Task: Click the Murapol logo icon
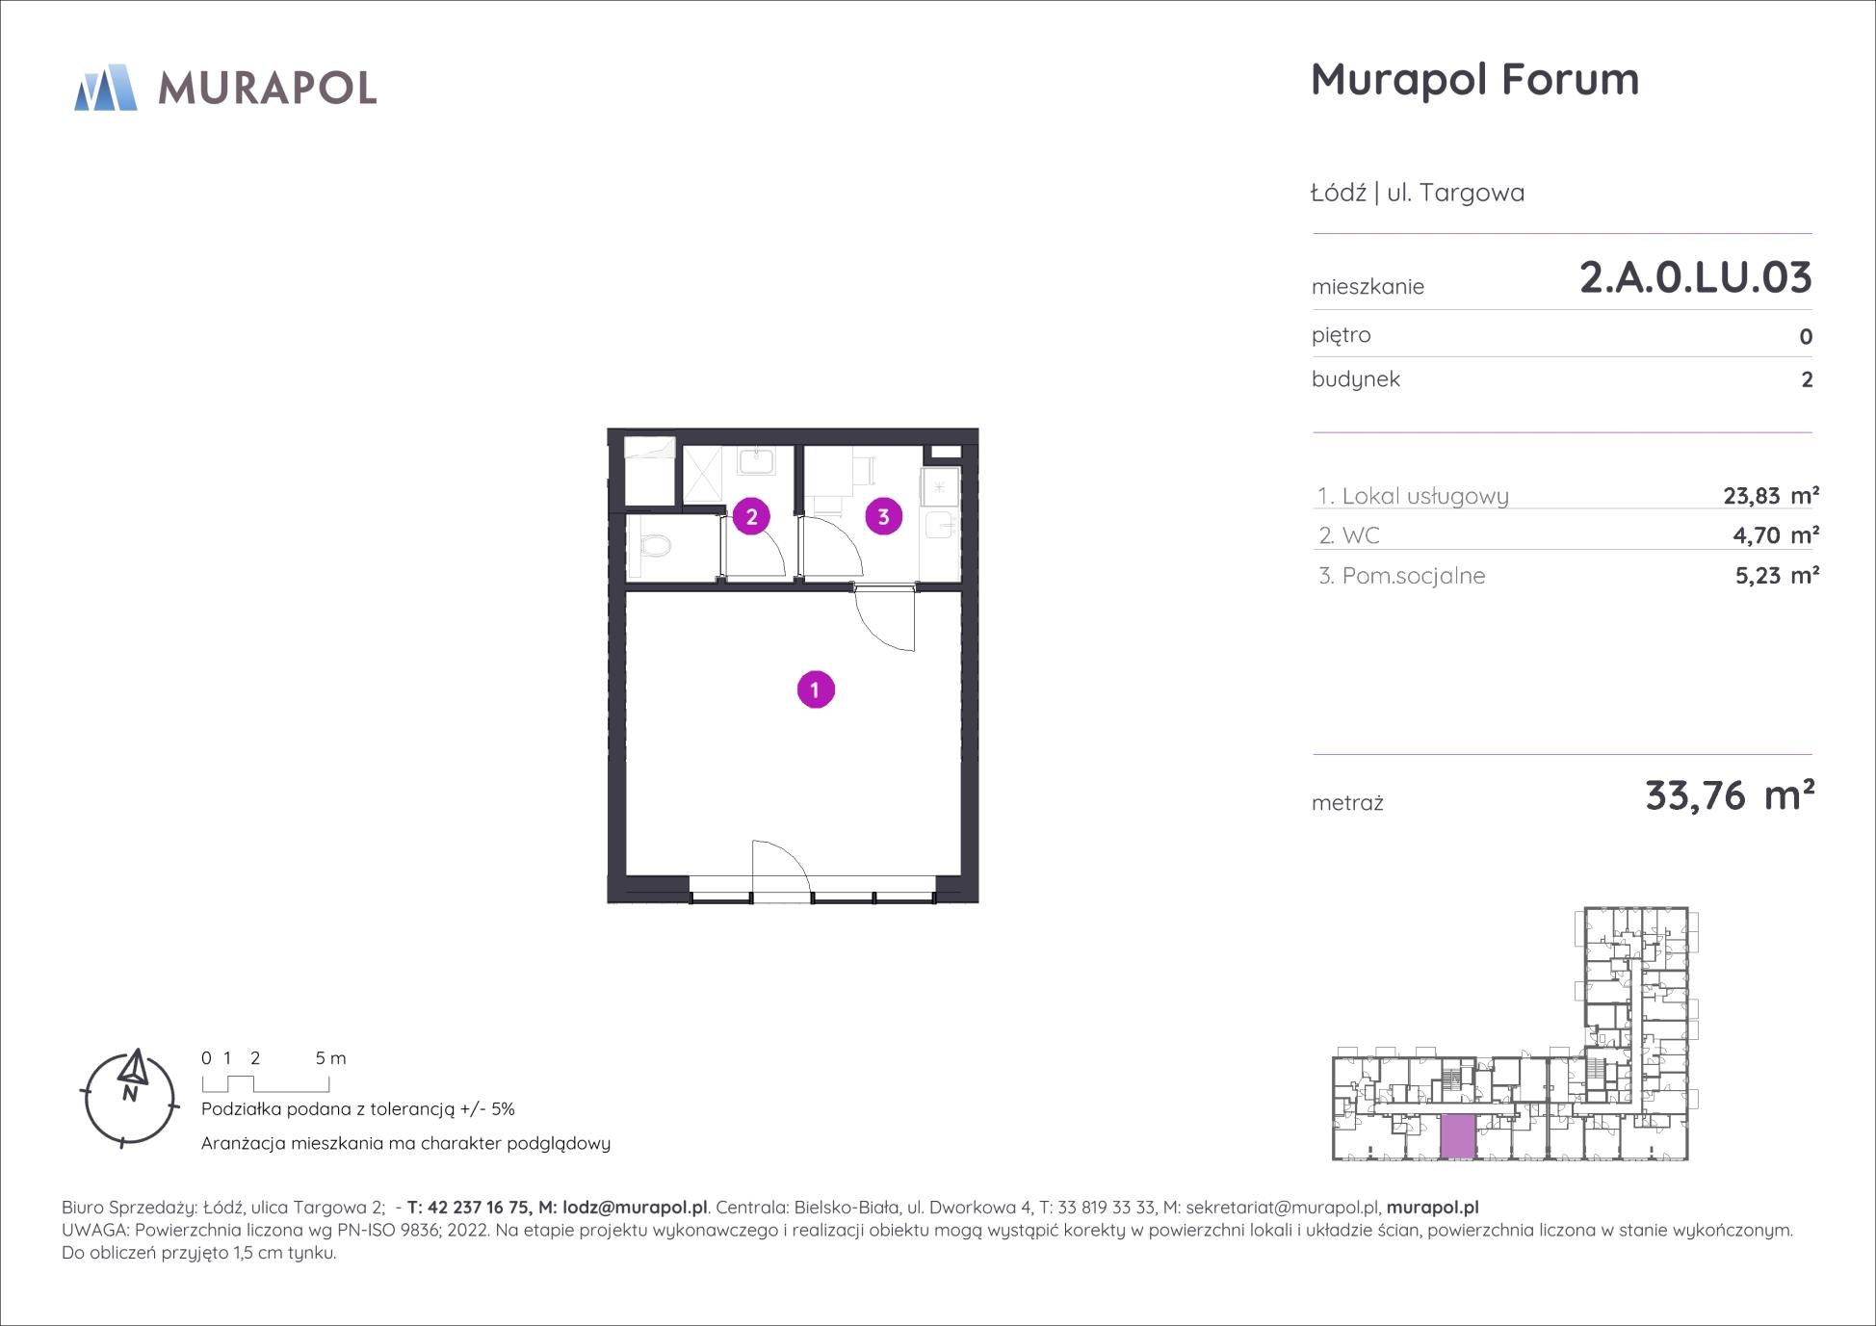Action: click(106, 88)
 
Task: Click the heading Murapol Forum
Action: click(1474, 79)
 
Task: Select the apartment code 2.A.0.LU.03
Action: click(1696, 277)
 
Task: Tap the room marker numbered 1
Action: click(816, 689)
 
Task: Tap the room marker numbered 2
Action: click(751, 516)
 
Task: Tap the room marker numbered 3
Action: click(883, 516)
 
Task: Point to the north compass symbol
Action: click(130, 1097)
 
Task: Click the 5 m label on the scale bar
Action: click(330, 1058)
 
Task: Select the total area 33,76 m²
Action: click(1730, 796)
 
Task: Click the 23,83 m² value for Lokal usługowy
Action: click(1771, 496)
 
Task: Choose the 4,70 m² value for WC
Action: click(1776, 535)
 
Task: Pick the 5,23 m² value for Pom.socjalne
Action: click(1777, 576)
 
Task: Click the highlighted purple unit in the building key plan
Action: click(1458, 1136)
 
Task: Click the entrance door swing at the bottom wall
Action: click(781, 870)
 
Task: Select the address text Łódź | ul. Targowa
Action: click(1418, 193)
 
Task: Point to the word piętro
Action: click(1342, 335)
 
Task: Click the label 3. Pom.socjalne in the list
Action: click(1402, 576)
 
